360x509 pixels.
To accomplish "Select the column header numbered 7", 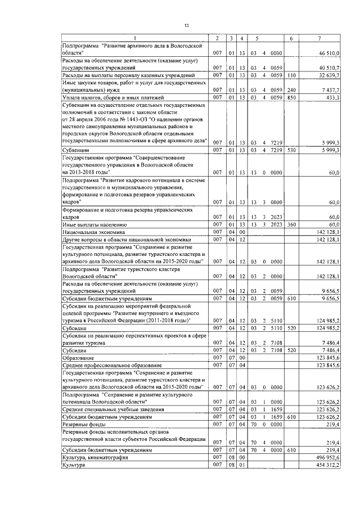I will pos(319,38).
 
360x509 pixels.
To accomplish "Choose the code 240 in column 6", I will pos(291,90).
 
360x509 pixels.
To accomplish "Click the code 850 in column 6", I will pos(291,97).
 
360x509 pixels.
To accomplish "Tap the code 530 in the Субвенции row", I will pos(291,150).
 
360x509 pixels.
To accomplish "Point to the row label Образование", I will pos(78,358).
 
